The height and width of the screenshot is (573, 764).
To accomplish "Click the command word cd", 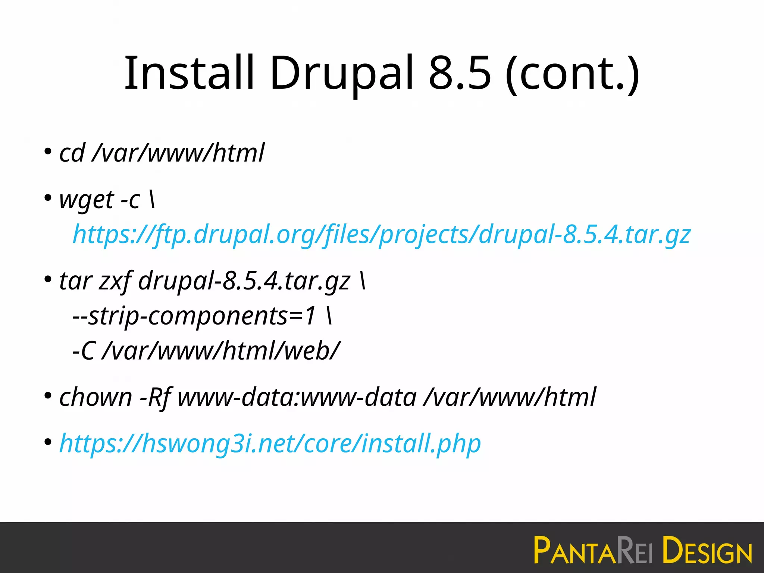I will click(72, 153).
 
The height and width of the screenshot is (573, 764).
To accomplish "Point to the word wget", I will click(86, 200).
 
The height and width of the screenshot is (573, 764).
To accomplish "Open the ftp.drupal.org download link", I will click(382, 235).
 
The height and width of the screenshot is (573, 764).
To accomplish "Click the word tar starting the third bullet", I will click(75, 281).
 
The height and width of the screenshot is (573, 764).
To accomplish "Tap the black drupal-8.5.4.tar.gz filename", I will click(244, 281).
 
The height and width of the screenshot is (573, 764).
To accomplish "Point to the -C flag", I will click(83, 351).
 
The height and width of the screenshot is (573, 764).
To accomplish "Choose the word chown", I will click(95, 397).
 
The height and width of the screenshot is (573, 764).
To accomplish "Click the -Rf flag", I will click(156, 397).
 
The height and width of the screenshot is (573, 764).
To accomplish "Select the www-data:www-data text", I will click(297, 397).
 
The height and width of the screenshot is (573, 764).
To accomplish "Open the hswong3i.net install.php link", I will click(270, 444).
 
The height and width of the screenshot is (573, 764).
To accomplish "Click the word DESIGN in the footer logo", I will click(707, 551).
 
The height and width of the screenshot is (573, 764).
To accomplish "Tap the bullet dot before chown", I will click(48, 396).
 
